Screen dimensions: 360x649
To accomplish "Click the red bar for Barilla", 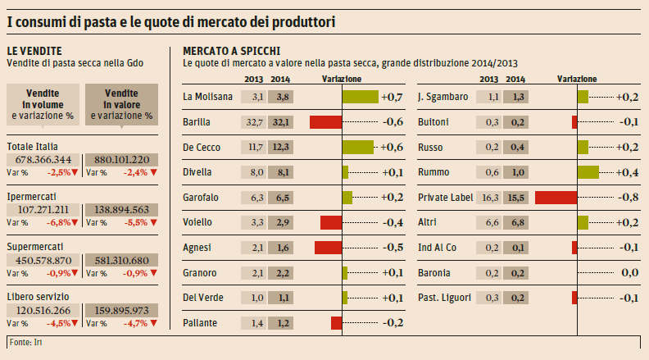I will click(x=325, y=122).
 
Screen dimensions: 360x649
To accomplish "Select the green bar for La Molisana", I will click(x=360, y=97).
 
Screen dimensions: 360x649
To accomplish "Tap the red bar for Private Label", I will click(x=556, y=198).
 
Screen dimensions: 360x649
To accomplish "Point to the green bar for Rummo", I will click(x=588, y=172).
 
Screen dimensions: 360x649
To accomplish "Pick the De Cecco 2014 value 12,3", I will click(x=279, y=148).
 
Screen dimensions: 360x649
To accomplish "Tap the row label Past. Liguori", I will click(x=444, y=298).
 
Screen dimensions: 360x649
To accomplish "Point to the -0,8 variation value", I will click(x=628, y=198).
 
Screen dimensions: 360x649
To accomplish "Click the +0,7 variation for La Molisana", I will click(x=392, y=97).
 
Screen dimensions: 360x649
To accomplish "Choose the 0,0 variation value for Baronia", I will click(x=629, y=272).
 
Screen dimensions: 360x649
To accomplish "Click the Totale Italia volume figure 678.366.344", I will click(x=43, y=159).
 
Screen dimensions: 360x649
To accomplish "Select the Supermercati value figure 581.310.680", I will click(x=121, y=261).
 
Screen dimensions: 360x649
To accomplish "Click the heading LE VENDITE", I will click(x=34, y=50).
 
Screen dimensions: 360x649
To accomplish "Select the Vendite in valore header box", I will click(x=121, y=105).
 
